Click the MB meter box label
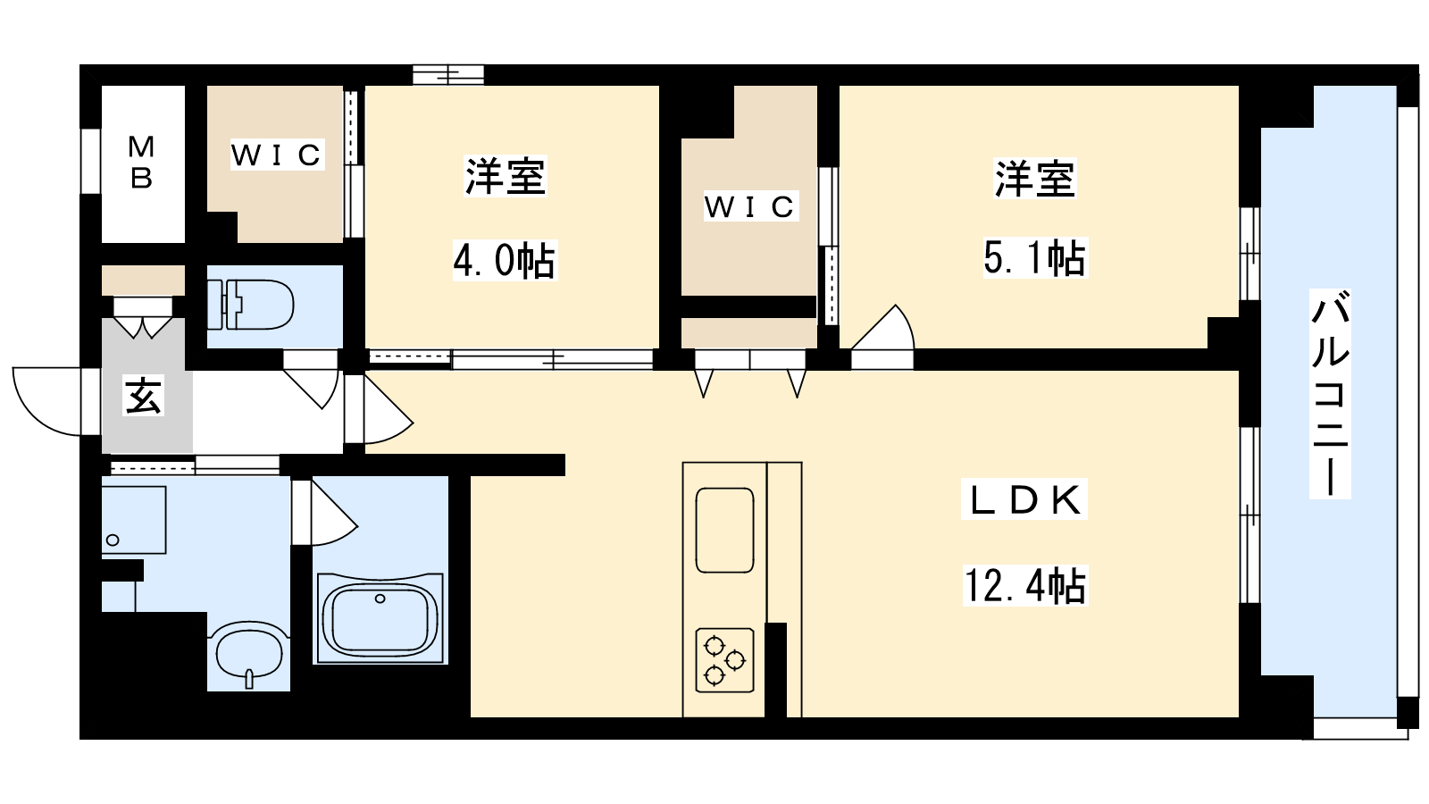[141, 163]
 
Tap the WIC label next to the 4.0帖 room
[277, 155]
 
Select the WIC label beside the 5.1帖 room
[750, 206]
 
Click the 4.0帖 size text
[505, 260]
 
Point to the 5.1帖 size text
[1034, 258]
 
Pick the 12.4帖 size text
[1025, 586]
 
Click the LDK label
[1024, 499]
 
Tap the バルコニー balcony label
[1330, 393]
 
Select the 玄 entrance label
[144, 397]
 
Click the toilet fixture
[251, 305]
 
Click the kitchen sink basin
[724, 531]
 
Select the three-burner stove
[724, 660]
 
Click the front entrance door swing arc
[47, 401]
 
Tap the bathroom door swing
[334, 513]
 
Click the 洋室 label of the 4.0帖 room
[505, 175]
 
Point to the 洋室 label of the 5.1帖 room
[1035, 178]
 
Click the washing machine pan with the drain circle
[134, 520]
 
